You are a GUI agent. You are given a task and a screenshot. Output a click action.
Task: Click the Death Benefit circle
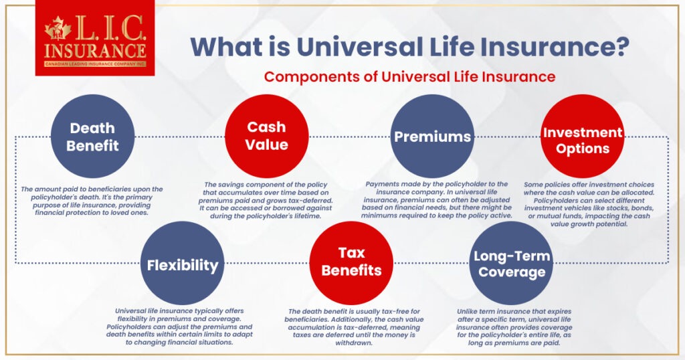[92, 136]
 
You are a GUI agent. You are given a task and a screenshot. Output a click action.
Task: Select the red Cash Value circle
[266, 136]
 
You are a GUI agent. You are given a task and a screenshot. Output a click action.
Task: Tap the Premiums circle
[432, 137]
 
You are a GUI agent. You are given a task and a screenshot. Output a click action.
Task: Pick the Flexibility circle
[183, 265]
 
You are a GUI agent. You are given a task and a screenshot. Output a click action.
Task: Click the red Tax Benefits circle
[351, 262]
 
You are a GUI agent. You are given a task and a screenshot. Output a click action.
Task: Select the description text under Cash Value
[267, 203]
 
